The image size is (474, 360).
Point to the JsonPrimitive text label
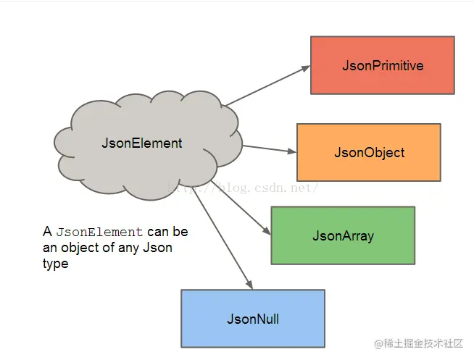[383, 66]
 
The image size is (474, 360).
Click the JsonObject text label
[369, 153]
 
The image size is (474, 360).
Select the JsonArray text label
[343, 236]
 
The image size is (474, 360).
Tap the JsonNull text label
[253, 319]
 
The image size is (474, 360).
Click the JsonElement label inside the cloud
[142, 143]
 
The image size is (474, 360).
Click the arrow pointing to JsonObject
[269, 148]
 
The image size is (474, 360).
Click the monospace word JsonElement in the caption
[99, 233]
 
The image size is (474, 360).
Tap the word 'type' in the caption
[55, 264]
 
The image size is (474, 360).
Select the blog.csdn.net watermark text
[246, 188]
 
